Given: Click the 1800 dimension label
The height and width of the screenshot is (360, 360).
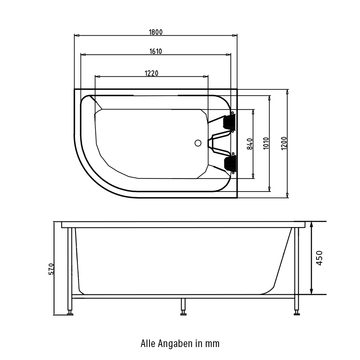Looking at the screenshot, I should (x=156, y=32).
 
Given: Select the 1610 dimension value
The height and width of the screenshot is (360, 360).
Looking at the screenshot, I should (x=156, y=51).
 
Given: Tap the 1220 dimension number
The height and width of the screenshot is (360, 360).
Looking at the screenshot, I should (x=152, y=73).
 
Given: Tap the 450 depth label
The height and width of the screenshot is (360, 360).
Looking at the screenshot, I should (x=320, y=258).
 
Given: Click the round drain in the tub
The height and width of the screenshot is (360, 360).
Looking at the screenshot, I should (x=198, y=143).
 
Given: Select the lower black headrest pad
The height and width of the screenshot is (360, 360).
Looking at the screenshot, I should (x=229, y=164).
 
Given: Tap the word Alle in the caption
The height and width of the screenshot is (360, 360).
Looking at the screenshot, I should (x=148, y=343).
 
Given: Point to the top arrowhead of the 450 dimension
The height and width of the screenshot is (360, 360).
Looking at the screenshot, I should (x=312, y=224).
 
